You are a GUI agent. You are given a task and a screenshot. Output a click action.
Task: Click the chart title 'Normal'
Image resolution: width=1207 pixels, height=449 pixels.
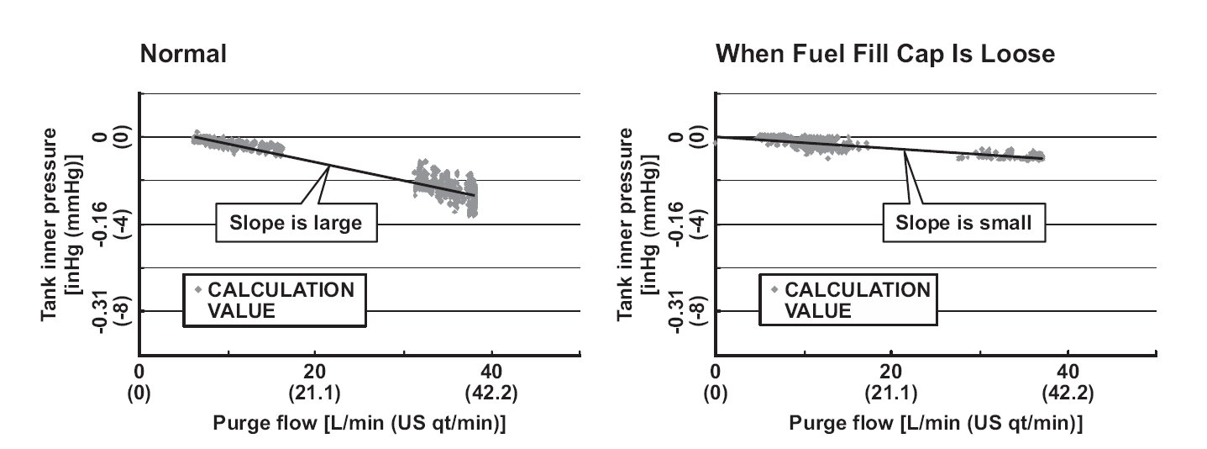point(183,55)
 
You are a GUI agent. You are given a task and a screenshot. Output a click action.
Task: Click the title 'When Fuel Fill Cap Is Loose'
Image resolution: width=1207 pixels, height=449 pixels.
point(884,55)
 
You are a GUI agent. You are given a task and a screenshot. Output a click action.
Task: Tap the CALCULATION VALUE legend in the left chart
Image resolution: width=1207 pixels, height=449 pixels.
point(274,300)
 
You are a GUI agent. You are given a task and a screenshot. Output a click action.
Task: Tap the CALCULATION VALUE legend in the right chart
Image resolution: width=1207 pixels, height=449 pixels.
point(850,300)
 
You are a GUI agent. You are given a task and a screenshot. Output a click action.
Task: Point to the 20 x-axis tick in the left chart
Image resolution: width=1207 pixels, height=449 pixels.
point(315,371)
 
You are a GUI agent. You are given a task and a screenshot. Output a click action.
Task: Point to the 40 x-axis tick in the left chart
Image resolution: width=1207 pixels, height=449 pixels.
point(491,371)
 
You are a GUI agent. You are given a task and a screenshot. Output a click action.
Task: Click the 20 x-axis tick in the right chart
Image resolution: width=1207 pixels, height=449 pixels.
point(891,371)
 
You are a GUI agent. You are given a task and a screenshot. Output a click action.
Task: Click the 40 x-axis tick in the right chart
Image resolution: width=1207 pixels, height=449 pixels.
point(1067,371)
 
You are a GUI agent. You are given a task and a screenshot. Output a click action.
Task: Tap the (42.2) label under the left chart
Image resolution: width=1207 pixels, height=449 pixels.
point(491,393)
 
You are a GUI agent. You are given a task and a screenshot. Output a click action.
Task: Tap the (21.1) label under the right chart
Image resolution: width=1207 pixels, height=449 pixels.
point(891,393)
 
